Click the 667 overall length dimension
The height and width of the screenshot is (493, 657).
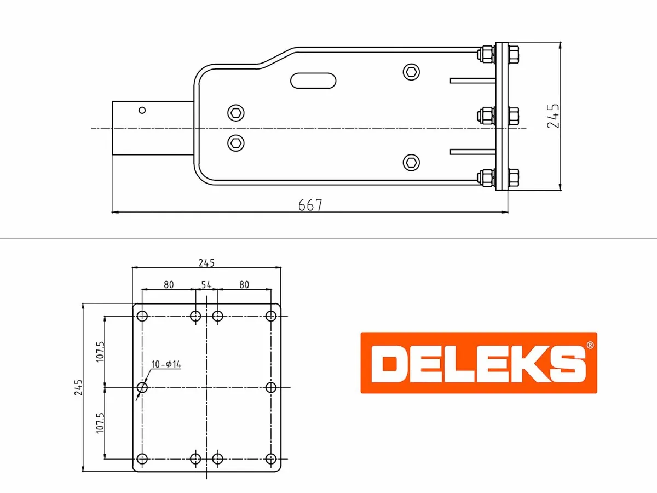(310, 205)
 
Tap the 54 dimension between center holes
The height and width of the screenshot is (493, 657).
(206, 285)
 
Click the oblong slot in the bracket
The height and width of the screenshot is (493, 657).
(313, 80)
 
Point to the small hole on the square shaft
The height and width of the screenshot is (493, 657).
(142, 110)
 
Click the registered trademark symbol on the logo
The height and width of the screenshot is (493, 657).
(589, 346)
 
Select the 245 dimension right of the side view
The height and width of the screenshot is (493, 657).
(554, 116)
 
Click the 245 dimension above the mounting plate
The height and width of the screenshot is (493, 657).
(206, 262)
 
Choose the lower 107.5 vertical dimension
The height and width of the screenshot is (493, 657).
(100, 423)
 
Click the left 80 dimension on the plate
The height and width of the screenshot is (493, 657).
(169, 285)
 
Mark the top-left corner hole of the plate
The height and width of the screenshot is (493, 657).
(142, 316)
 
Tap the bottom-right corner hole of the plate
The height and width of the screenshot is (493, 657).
(270, 458)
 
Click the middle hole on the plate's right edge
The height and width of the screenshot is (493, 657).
(270, 387)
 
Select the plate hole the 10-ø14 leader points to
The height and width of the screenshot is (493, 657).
(142, 387)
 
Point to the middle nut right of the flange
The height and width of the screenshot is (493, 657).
(513, 116)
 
